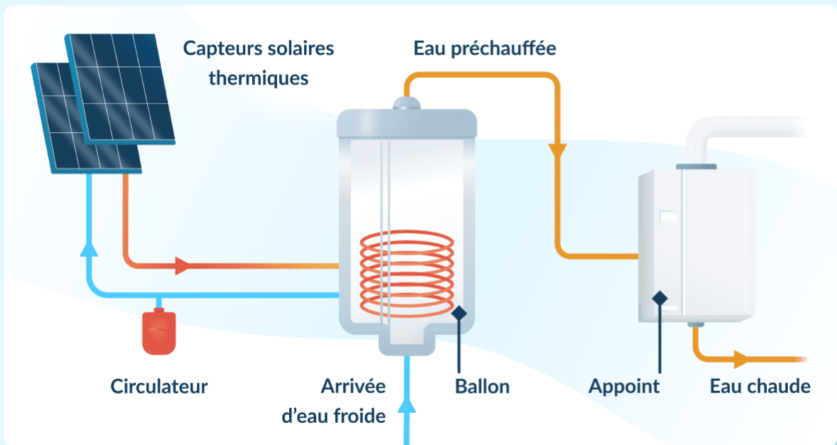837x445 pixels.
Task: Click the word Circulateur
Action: (x=159, y=387)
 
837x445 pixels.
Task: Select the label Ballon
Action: (x=482, y=387)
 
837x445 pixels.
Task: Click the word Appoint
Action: (x=624, y=387)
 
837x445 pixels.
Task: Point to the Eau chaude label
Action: (x=760, y=387)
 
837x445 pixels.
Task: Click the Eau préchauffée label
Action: (x=485, y=49)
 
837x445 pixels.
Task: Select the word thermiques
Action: (x=258, y=77)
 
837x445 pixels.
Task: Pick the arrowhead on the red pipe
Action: (x=181, y=266)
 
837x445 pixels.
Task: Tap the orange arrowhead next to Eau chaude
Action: (x=741, y=359)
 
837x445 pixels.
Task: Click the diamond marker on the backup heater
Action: (x=660, y=298)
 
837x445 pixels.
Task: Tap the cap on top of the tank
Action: (x=406, y=104)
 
